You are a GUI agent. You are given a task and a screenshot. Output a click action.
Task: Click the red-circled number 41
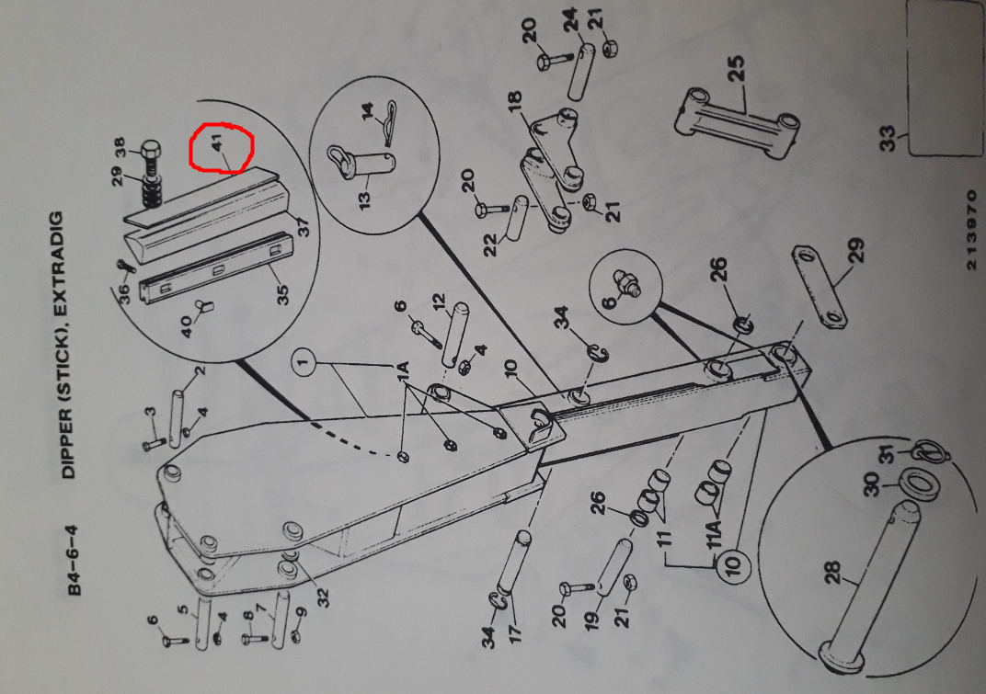[x=218, y=142]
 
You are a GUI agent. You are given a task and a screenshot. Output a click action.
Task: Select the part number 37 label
[x=303, y=227]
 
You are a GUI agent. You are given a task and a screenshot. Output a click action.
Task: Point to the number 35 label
[x=282, y=294]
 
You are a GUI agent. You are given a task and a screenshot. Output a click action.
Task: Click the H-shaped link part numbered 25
[x=736, y=122]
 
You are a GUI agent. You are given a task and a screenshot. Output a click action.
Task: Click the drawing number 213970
[x=971, y=230]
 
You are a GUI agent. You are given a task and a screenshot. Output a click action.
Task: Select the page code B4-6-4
[x=75, y=560]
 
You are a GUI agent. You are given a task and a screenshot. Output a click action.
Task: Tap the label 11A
[x=714, y=534]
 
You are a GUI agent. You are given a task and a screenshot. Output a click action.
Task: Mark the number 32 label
[x=323, y=596]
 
